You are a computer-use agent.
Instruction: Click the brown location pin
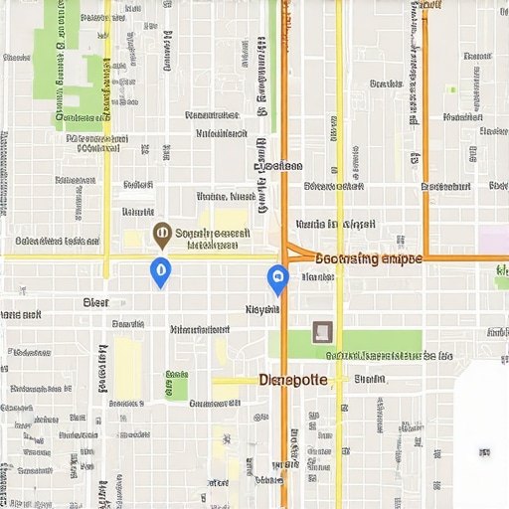point(162,235)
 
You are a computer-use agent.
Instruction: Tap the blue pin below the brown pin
point(159,270)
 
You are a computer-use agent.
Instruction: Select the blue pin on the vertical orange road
point(278,278)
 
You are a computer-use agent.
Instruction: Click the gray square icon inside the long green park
point(322,332)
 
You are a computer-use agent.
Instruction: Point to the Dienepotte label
point(292,380)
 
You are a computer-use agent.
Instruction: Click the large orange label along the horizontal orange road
point(368,258)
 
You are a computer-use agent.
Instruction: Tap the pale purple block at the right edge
point(494,240)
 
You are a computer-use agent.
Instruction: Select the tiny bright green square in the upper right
point(451,89)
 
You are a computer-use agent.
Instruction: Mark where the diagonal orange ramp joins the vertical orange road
point(285,244)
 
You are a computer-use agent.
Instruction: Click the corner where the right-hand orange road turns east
point(426,257)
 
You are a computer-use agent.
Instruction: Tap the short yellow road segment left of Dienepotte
point(235,380)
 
